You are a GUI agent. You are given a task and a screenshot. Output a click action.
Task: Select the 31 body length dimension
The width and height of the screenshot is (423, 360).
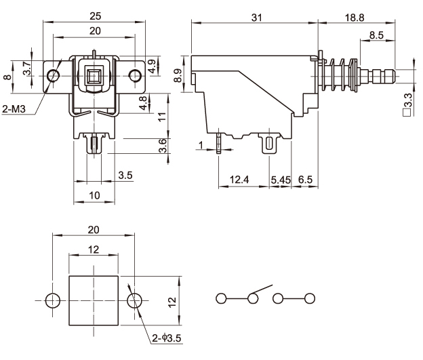[256, 18]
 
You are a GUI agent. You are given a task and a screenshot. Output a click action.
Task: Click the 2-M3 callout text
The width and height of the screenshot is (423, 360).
[15, 109]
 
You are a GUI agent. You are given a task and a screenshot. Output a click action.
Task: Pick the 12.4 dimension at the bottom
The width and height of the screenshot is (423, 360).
[239, 179]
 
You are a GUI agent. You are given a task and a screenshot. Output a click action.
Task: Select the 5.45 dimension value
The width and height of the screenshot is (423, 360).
[281, 179]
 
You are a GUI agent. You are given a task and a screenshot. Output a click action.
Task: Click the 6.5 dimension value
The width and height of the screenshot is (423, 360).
[306, 179]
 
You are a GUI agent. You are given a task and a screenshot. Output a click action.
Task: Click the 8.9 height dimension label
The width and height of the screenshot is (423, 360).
[178, 76]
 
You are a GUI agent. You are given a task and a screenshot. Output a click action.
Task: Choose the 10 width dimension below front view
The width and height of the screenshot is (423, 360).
[94, 195]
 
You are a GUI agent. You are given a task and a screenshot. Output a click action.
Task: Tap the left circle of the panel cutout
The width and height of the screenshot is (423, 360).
[52, 299]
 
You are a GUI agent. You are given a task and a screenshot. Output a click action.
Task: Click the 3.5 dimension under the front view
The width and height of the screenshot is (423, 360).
[125, 175]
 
